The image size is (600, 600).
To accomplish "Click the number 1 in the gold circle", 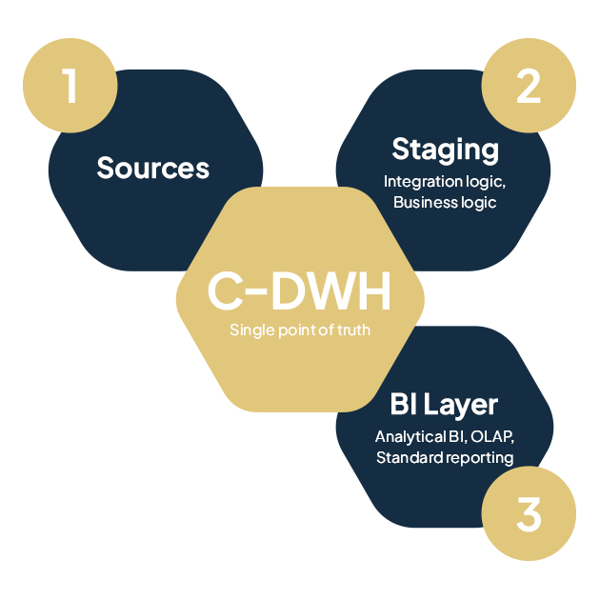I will pyautogui.click(x=70, y=86).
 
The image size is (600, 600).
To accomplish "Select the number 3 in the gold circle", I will pyautogui.click(x=529, y=514).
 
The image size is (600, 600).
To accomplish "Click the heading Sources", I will pyautogui.click(x=152, y=169).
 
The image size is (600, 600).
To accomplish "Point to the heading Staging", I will pyautogui.click(x=445, y=150).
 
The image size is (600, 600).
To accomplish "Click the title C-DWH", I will pyautogui.click(x=299, y=293).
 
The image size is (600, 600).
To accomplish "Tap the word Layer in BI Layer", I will pyautogui.click(x=462, y=405).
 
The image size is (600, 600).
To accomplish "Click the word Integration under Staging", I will pyautogui.click(x=419, y=181).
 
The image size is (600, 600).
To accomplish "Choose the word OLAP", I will pyautogui.click(x=491, y=437).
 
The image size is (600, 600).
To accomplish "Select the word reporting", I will pyautogui.click(x=477, y=459).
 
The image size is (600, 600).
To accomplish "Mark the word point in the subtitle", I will pyautogui.click(x=290, y=330).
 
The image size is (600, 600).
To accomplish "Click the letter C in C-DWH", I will pyautogui.click(x=224, y=293).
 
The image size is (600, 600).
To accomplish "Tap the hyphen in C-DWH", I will pyautogui.click(x=256, y=294).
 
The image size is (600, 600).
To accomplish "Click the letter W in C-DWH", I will pyautogui.click(x=329, y=293).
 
